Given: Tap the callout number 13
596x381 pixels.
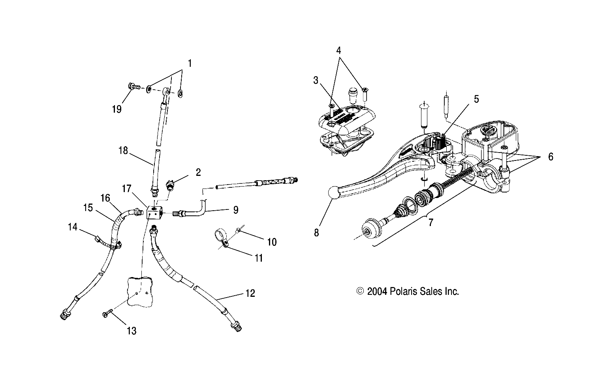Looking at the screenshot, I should tap(132, 330).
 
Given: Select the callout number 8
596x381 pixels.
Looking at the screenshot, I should tap(316, 232).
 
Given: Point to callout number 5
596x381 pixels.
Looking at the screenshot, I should tap(476, 99).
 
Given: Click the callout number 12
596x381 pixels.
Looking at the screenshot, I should tap(250, 293).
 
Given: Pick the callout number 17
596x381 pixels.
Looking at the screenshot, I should tap(126, 189).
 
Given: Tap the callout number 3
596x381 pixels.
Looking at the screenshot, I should tap(316, 81).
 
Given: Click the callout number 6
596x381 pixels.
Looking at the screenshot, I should tap(550, 157).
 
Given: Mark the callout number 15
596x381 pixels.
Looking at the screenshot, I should tap(88, 207).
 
